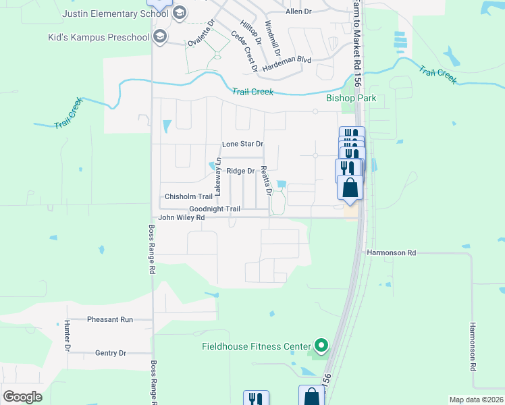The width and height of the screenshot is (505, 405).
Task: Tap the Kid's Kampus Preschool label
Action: [104, 37]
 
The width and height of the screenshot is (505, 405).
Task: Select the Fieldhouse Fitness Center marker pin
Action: [321, 347]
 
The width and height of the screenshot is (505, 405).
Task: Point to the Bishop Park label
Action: [351, 98]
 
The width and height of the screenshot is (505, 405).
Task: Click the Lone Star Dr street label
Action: [242, 144]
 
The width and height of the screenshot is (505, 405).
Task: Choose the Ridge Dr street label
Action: [240, 171]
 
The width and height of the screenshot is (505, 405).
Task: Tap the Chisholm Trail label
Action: [189, 197]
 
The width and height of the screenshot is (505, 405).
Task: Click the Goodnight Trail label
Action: [215, 209]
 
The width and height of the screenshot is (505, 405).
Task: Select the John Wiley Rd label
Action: [181, 218]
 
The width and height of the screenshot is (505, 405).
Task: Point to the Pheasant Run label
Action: [110, 319]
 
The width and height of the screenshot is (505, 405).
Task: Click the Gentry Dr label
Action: [111, 353]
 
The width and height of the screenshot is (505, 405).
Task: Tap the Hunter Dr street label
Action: [68, 335]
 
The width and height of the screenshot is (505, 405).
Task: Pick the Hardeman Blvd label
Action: [287, 60]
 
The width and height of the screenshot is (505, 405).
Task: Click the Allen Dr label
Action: [298, 11]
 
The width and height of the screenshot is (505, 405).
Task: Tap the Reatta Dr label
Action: [266, 180]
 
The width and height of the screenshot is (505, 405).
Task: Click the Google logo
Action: [22, 396]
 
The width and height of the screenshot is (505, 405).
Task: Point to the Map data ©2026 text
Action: [476, 400]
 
